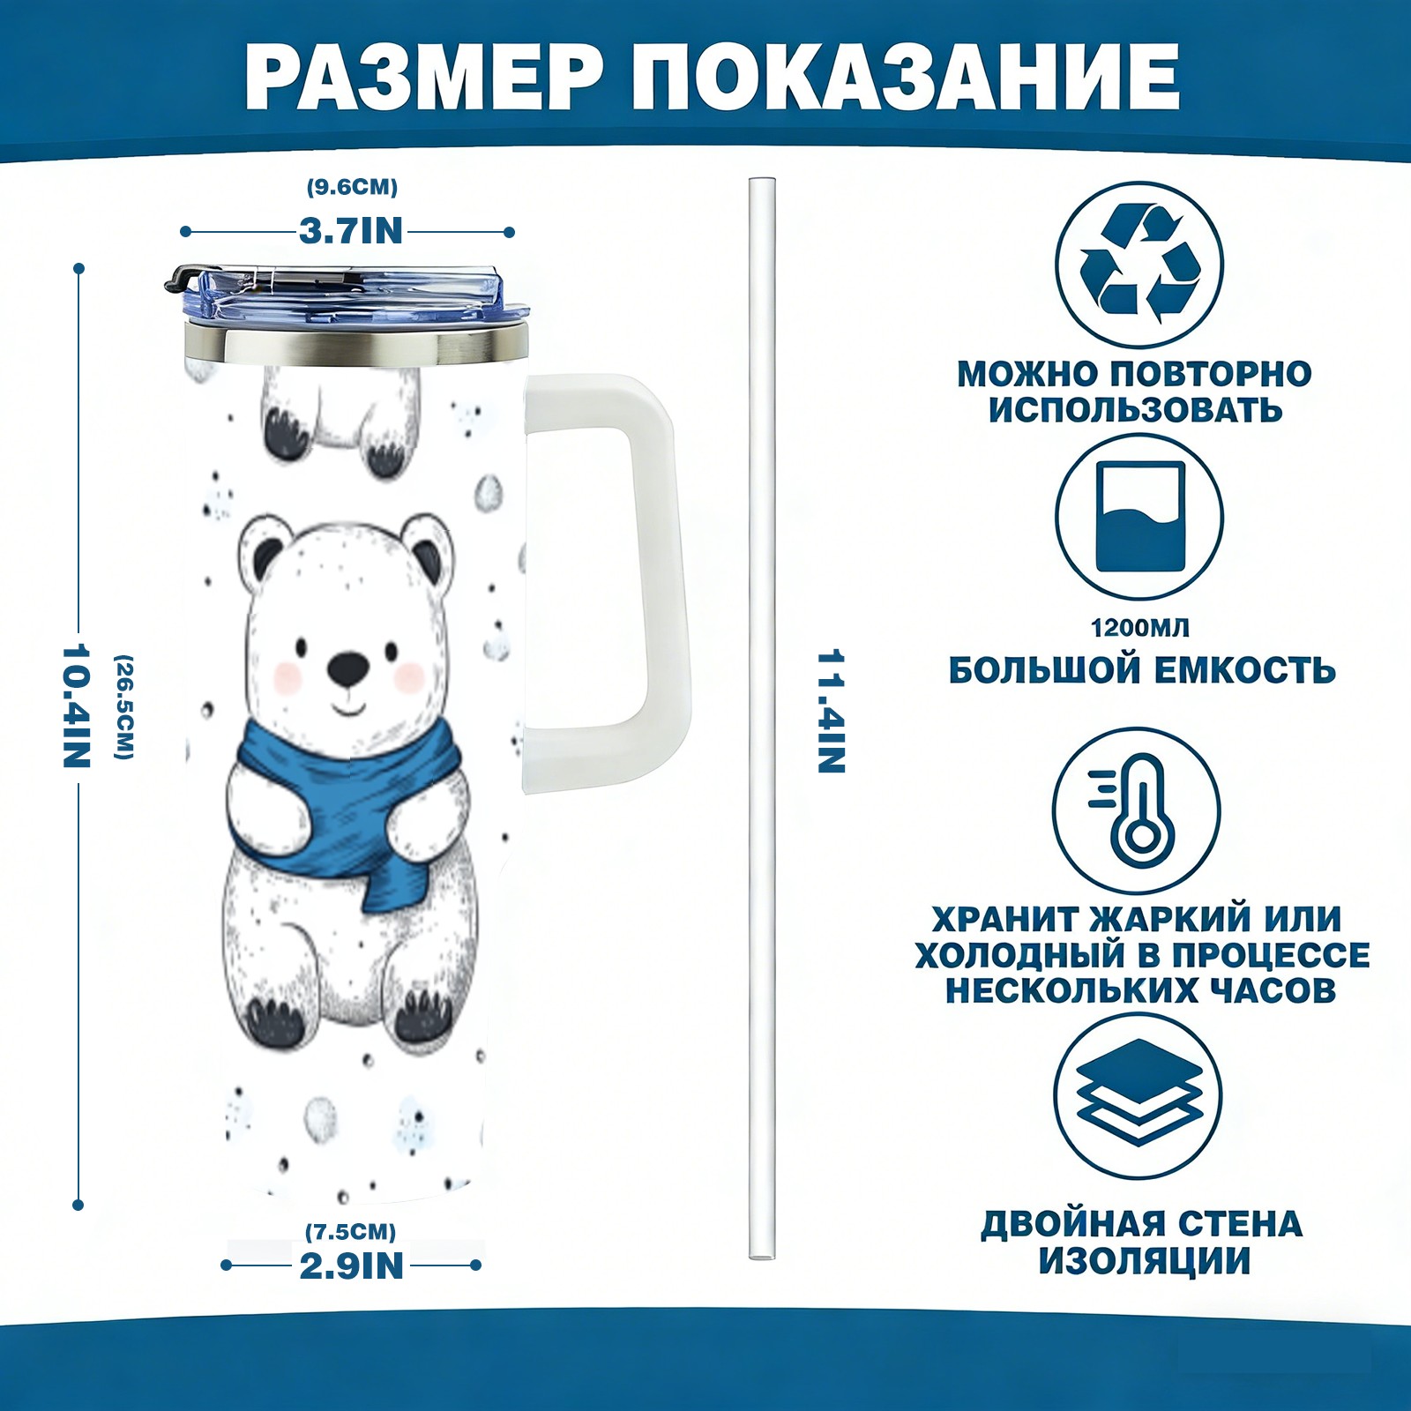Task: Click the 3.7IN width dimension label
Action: click(x=350, y=231)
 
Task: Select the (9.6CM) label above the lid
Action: click(x=352, y=187)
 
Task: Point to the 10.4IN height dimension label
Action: click(x=77, y=705)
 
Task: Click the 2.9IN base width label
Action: click(x=352, y=1266)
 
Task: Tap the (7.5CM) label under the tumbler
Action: click(x=350, y=1231)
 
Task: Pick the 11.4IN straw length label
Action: click(x=831, y=712)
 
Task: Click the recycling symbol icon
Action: click(x=1139, y=264)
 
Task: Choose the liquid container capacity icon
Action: click(x=1139, y=517)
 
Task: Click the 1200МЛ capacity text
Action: click(x=1139, y=628)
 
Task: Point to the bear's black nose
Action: click(x=348, y=670)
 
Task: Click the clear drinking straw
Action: click(x=762, y=719)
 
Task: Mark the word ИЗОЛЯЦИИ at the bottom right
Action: click(x=1144, y=1261)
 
